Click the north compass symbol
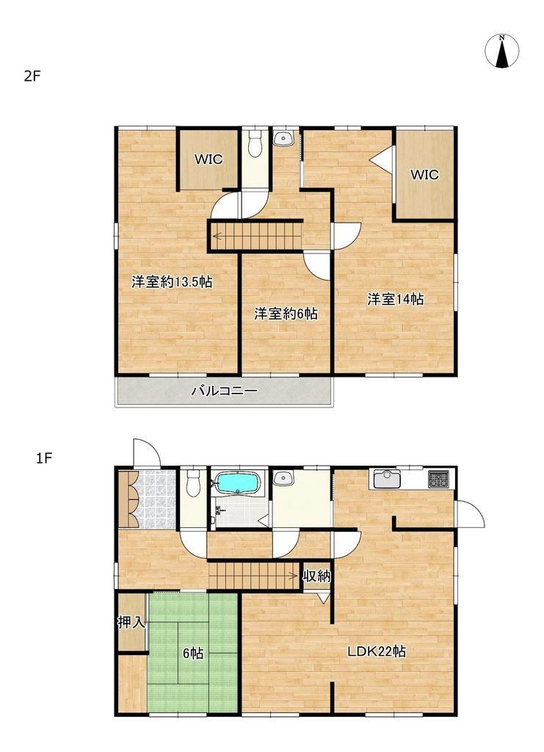coord(502,51)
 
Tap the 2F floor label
coord(32,76)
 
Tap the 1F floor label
coord(43,458)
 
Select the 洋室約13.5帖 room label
coord(172,282)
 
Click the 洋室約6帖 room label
coord(286,314)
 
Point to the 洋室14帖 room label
coord(396,300)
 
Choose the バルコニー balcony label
coord(225,391)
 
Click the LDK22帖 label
coord(377,651)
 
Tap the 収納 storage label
coord(317,576)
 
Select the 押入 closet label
coord(131,623)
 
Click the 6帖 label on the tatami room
coord(193,653)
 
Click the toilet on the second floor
coord(255,142)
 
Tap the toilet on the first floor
coord(193,482)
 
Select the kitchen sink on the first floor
coord(387,479)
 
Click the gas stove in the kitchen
coord(439,479)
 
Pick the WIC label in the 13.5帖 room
coord(208,159)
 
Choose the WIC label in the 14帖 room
coord(424,175)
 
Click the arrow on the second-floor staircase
coord(217,236)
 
